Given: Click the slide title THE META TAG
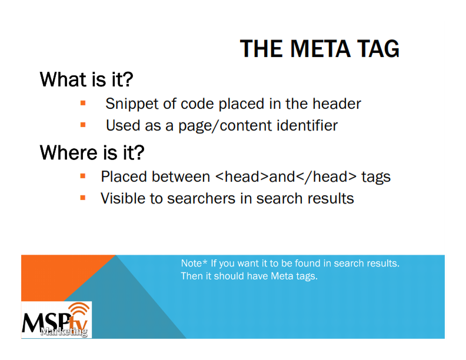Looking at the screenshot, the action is (319, 49).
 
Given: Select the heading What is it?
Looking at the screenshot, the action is (86, 79).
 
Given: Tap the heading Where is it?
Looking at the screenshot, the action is (92, 152).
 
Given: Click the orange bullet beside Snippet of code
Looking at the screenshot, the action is (83, 104).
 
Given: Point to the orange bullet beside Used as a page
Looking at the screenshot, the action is (83, 125).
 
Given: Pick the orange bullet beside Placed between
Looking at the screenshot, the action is (83, 176).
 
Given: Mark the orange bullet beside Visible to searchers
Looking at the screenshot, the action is (83, 198).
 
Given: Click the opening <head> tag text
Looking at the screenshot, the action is (242, 176).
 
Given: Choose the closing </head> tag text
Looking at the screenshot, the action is (327, 177).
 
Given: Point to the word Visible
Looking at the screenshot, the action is (123, 198).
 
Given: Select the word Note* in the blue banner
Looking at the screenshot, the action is (194, 263).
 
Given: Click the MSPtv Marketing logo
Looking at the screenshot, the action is (56, 319).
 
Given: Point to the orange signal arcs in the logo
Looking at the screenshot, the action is (79, 310).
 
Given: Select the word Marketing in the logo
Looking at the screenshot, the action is (64, 331).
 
